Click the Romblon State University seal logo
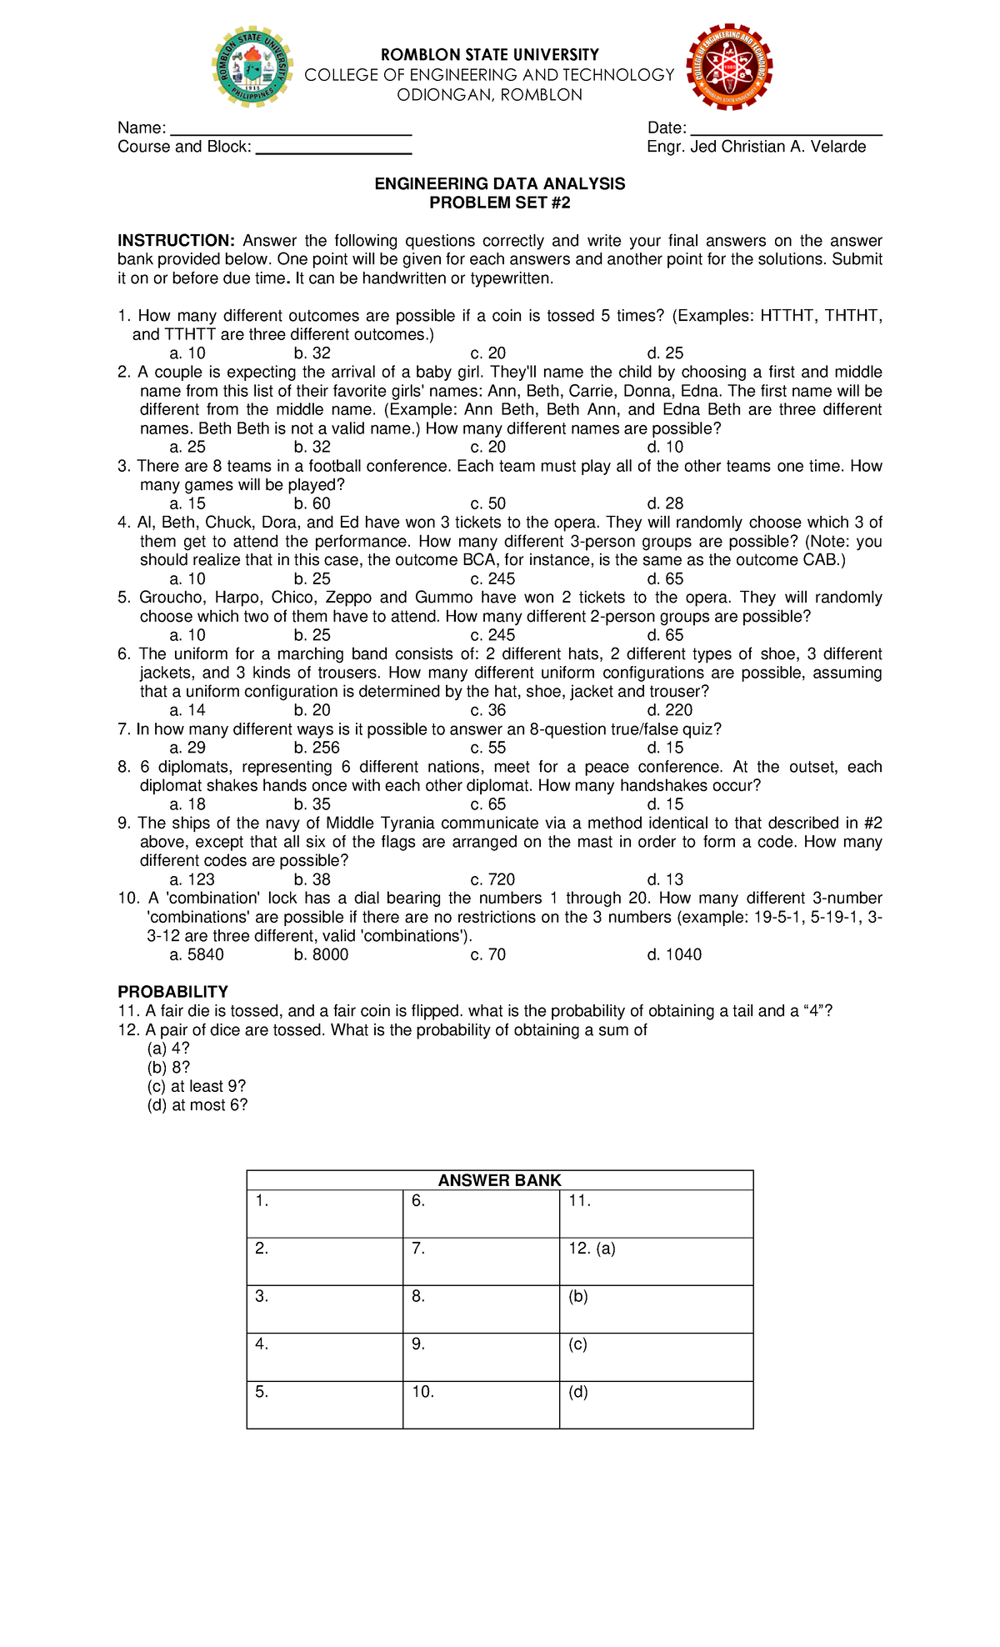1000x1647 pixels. [x=252, y=67]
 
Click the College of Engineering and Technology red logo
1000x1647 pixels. [x=730, y=67]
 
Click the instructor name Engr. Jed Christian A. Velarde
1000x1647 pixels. [x=756, y=147]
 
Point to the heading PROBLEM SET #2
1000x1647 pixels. [x=499, y=203]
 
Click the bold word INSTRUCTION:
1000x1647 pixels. [x=176, y=241]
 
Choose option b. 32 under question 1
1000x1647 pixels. [x=312, y=353]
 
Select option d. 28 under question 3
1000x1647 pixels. [x=665, y=503]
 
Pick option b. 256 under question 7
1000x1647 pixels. [x=317, y=748]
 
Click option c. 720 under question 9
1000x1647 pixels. [x=492, y=879]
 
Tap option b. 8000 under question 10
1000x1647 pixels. [x=321, y=954]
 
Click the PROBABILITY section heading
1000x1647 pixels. [x=172, y=992]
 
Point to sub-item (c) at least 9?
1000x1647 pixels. [x=196, y=1086]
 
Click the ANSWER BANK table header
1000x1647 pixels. [x=499, y=1180]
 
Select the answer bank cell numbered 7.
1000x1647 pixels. [x=481, y=1260]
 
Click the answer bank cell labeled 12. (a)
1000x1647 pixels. [x=656, y=1260]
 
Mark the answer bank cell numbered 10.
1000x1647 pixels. [x=481, y=1404]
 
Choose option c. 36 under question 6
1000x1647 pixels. [x=487, y=710]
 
